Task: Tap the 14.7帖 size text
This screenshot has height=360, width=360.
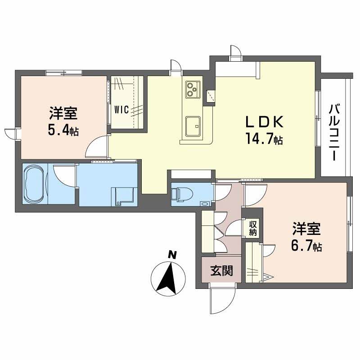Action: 264,139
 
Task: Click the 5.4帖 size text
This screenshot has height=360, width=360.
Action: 63,131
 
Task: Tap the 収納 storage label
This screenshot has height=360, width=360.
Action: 253,228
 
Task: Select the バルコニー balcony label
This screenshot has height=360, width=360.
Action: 333,132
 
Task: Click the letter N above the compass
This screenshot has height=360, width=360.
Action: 171,255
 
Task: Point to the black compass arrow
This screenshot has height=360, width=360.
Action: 168,277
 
